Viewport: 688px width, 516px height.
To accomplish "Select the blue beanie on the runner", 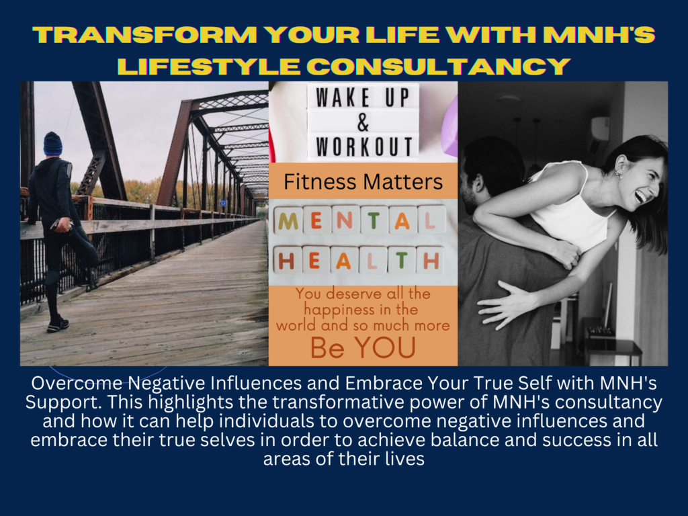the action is pos(52,144).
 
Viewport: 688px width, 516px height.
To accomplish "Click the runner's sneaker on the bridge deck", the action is pos(58,325).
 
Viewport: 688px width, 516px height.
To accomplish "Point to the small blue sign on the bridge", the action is pos(223,203).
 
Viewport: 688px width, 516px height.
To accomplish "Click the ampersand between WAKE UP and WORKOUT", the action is pos(363,122).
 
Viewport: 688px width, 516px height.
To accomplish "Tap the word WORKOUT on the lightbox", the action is pos(363,146).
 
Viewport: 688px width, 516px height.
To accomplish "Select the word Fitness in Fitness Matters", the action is pos(314,181).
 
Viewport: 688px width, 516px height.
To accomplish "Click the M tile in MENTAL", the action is pos(288,221).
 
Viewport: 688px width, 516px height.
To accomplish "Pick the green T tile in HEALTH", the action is pos(402,260).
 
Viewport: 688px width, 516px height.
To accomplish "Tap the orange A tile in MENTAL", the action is pos(402,221).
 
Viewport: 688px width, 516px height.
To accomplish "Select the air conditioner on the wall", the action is pos(600,129).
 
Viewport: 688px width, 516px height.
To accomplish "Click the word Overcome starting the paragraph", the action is pos(77,384).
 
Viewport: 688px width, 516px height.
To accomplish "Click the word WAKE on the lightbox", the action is pos(343,97).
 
